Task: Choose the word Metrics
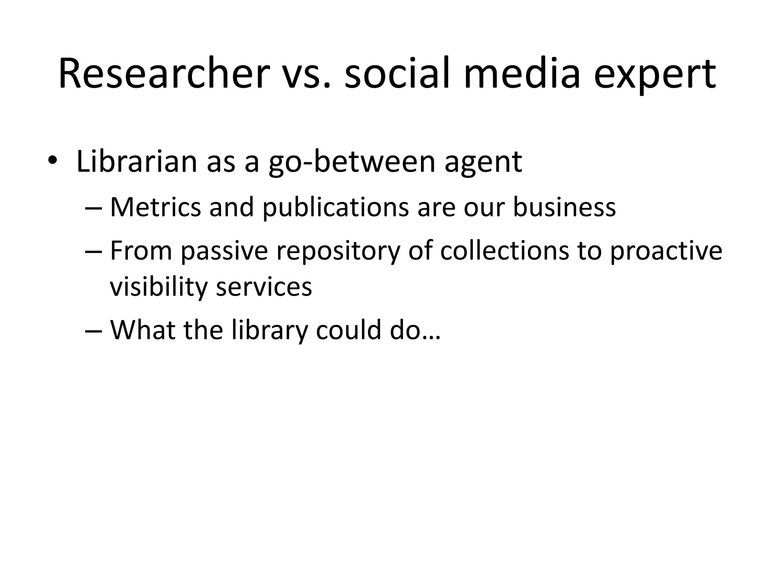[155, 207]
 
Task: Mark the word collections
[505, 250]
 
